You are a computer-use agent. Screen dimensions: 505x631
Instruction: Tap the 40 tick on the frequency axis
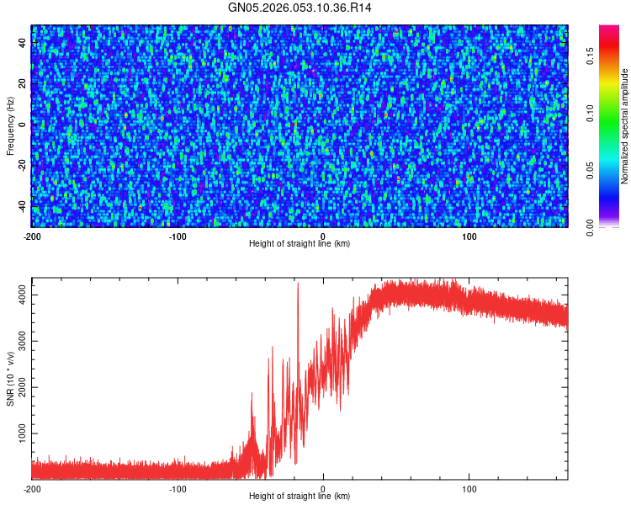tap(23, 44)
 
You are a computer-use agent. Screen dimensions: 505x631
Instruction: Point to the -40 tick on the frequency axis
tap(23, 205)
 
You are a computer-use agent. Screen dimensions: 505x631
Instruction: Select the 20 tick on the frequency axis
tap(23, 84)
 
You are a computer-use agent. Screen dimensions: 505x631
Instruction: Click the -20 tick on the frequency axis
tap(23, 164)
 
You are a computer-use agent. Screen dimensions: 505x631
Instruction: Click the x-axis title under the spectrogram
tap(300, 243)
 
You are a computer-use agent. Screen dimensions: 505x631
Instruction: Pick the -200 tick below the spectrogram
tap(32, 236)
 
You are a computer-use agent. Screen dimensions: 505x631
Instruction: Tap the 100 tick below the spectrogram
tap(469, 236)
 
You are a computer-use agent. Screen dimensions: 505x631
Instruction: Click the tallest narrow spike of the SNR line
tap(298, 284)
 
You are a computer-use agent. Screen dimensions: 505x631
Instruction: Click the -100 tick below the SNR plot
tap(178, 488)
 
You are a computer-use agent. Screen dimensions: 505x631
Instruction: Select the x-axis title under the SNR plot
tap(300, 496)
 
